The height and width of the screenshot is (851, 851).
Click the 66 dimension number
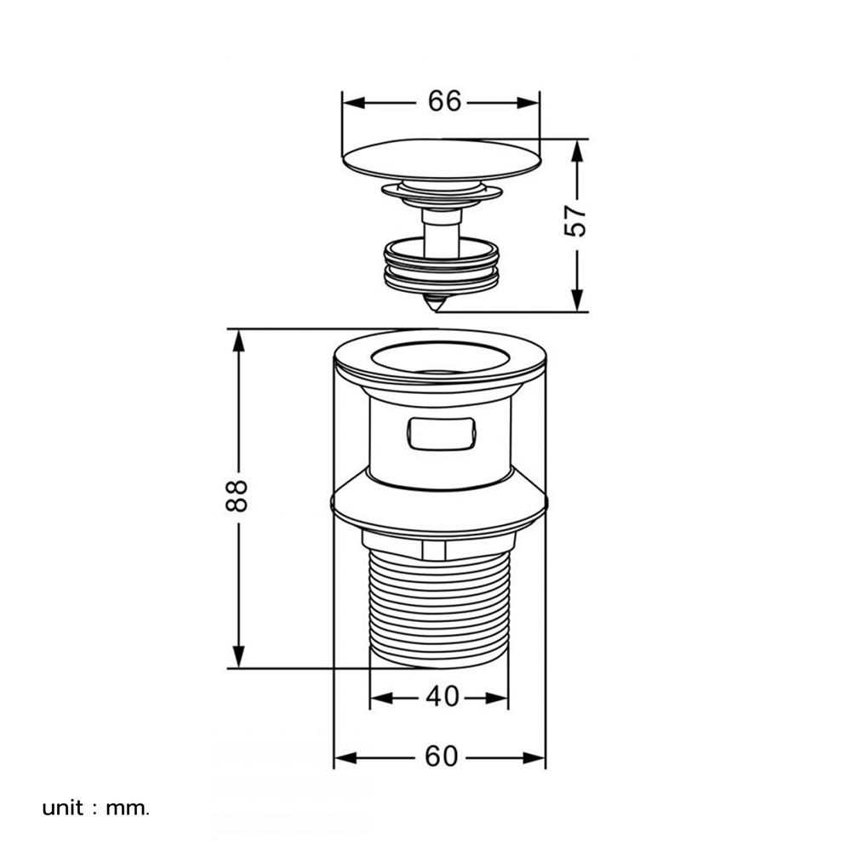444,101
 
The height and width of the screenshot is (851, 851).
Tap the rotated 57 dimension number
576,220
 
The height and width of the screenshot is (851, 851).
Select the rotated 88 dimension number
237,495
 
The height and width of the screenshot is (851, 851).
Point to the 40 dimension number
443,696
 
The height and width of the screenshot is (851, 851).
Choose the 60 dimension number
441,756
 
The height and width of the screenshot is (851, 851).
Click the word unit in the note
63,808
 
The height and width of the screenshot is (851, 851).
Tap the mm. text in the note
128,809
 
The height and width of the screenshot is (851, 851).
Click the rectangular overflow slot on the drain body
441,433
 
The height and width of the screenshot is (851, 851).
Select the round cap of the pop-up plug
442,159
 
